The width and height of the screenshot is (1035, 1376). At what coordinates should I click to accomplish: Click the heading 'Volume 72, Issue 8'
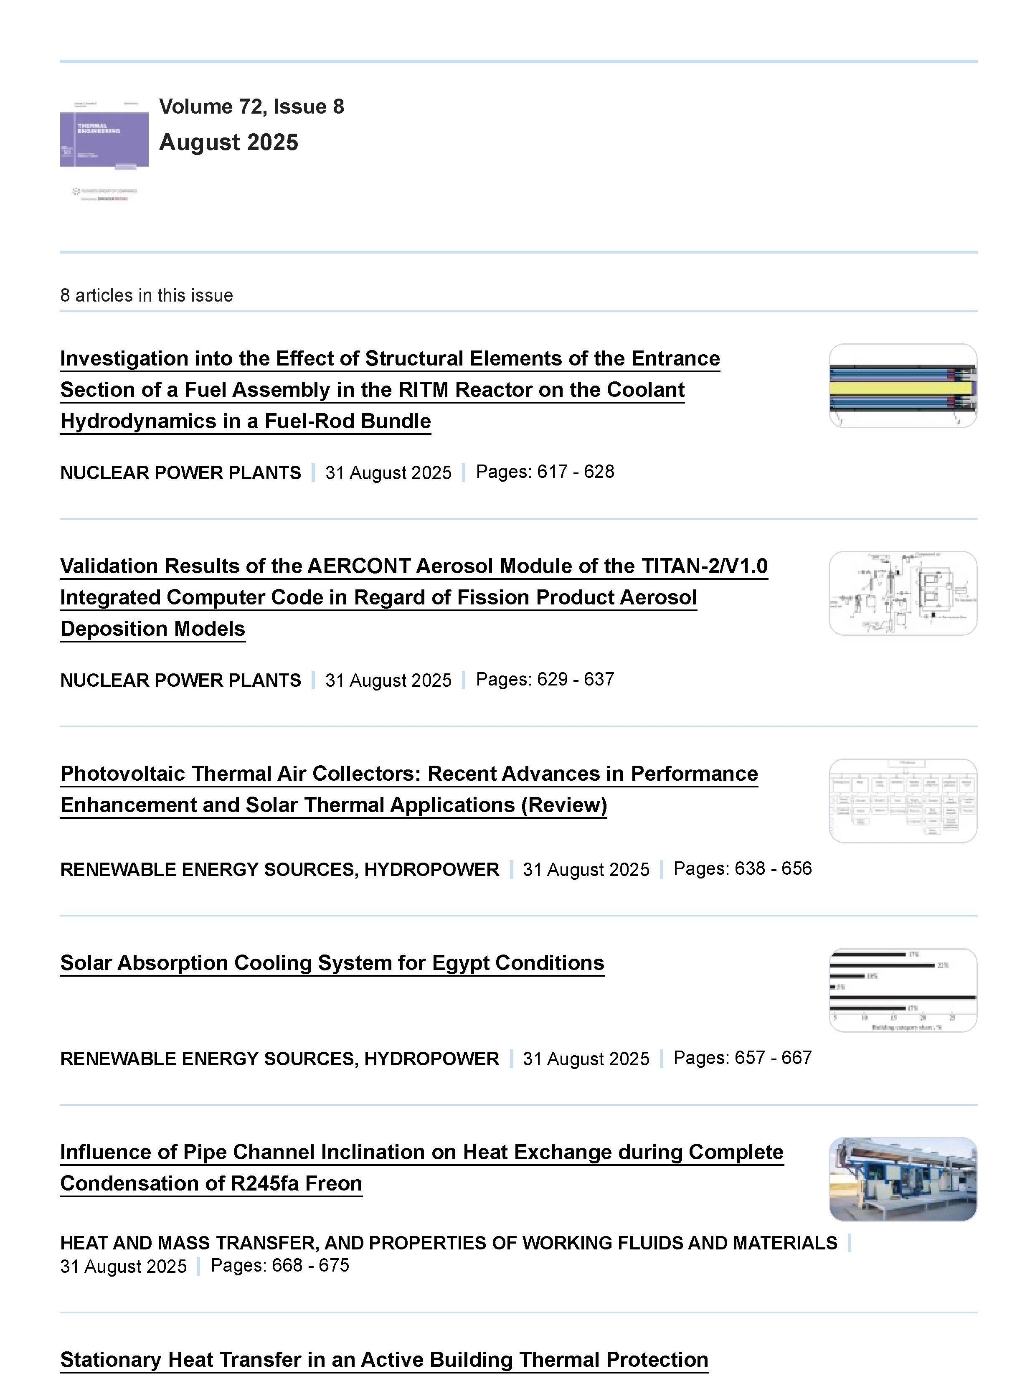251,107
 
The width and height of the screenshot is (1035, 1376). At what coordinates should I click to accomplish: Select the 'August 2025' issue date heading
228,142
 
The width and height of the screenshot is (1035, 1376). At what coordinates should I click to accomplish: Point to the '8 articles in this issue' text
146,295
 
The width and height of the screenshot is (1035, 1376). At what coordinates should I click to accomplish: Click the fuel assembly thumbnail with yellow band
903,386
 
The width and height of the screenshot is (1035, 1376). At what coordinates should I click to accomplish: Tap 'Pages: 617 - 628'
545,472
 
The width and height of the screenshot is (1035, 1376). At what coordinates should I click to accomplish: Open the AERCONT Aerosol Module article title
413,597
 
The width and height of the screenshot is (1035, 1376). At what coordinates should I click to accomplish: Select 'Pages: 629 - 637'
545,679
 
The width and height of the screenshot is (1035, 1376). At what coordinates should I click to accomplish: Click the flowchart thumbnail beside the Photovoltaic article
903,801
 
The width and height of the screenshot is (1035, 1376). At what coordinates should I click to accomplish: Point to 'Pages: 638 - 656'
743,868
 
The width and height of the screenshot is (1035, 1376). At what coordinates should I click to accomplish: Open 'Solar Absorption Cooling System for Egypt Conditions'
332,962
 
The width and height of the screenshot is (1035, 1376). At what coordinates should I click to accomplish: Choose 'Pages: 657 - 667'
743,1058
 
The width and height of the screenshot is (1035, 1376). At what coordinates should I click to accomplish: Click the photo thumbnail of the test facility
903,1179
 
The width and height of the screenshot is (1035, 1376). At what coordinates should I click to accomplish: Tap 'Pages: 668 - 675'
280,1265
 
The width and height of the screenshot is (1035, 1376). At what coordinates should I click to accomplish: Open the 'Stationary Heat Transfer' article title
384,1360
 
